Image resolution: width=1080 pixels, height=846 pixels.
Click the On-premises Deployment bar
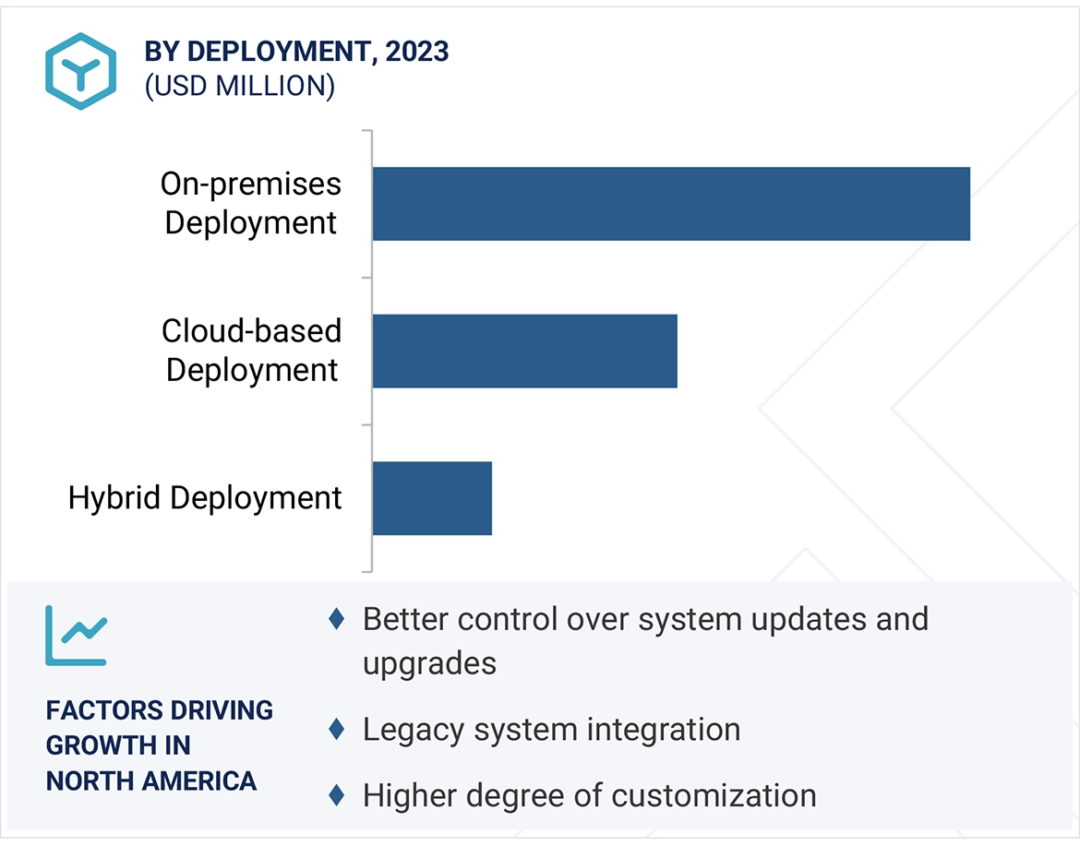[671, 204]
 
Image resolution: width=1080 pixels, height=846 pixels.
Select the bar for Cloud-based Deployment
[524, 351]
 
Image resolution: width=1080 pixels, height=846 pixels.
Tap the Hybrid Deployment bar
[432, 498]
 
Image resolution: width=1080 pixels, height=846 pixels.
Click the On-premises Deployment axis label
[250, 204]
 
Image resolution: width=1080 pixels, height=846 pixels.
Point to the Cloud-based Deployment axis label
[251, 351]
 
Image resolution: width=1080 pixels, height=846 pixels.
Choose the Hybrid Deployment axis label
[205, 498]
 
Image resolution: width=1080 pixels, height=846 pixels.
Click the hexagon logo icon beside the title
[81, 71]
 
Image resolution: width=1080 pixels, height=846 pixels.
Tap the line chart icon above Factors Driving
[77, 636]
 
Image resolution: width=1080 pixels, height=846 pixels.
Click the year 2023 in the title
[417, 52]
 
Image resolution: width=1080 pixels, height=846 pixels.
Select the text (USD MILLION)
[239, 86]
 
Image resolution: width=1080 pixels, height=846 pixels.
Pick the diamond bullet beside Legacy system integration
[337, 730]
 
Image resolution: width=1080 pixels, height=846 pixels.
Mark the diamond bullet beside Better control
[337, 619]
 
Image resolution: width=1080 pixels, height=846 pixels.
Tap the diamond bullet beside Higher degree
[337, 794]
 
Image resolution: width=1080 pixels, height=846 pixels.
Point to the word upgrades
[429, 663]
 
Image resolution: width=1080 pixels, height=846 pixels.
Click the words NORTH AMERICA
[151, 780]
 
